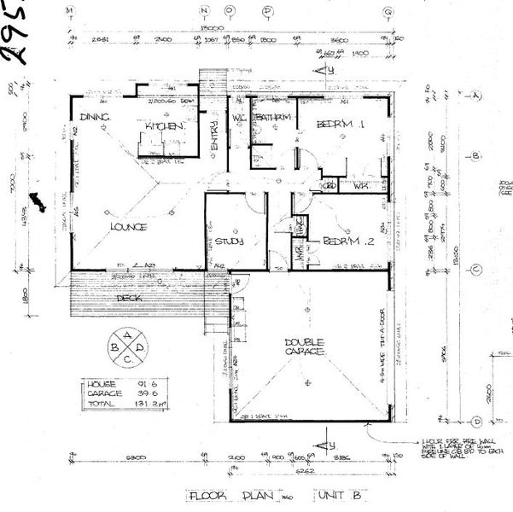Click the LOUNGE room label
128,227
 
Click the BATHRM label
273,117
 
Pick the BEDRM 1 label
341,125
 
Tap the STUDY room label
230,241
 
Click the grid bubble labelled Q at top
388,12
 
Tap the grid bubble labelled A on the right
476,97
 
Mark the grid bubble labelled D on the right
476,421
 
